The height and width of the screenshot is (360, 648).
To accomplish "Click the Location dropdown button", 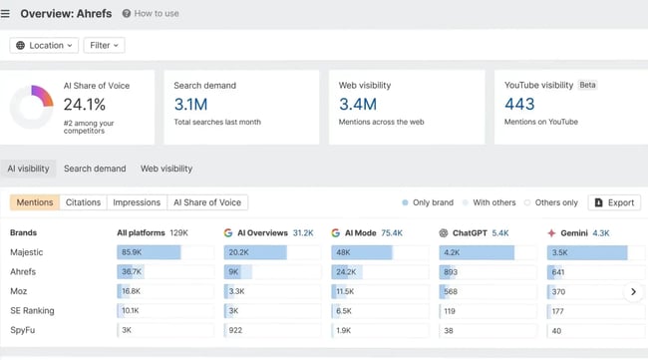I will (45, 45).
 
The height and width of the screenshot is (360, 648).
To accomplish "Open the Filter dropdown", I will (104, 45).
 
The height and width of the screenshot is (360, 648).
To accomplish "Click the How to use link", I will (151, 14).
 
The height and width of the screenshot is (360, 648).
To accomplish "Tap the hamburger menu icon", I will (6, 14).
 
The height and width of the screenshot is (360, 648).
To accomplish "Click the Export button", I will (614, 202).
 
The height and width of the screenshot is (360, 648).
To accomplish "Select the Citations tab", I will (83, 202).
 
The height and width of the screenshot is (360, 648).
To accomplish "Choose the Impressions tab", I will (136, 202).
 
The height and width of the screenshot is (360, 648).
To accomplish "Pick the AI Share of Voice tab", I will (207, 202).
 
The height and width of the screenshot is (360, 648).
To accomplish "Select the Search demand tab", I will (95, 169).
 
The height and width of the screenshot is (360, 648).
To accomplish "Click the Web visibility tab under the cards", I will (166, 169).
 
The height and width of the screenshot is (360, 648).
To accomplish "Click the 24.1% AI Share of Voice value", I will (85, 104).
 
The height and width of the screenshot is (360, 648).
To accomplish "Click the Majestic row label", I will (27, 252).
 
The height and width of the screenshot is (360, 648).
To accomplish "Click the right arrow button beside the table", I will (632, 292).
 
